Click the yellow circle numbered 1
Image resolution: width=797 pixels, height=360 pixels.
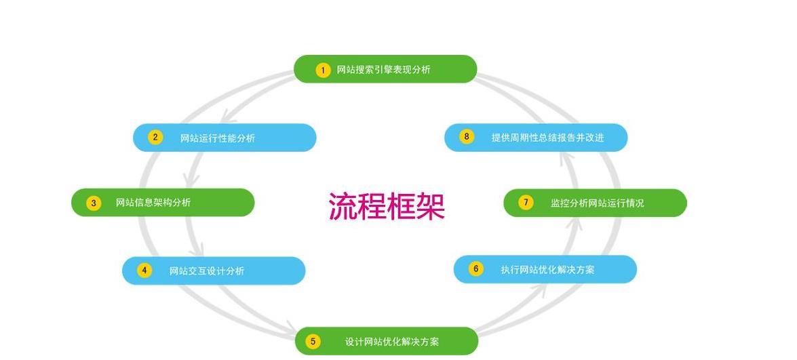pyautogui.click(x=323, y=70)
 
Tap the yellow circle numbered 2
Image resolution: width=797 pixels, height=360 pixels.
pyautogui.click(x=155, y=137)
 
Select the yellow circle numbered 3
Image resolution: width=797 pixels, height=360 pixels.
pyautogui.click(x=94, y=203)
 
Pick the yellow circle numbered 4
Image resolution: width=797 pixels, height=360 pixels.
pyautogui.click(x=144, y=270)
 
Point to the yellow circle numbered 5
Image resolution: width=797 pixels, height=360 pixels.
pyautogui.click(x=313, y=341)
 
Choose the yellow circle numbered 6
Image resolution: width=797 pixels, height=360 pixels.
pyautogui.click(x=475, y=268)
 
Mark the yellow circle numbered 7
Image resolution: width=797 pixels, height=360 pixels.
pyautogui.click(x=526, y=203)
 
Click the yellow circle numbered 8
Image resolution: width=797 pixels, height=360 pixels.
pyautogui.click(x=466, y=136)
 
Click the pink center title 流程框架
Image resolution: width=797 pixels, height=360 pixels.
pyautogui.click(x=387, y=205)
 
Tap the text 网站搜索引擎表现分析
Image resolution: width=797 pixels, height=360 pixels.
pyautogui.click(x=383, y=70)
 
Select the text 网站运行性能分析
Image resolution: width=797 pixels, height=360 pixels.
pyautogui.click(x=218, y=138)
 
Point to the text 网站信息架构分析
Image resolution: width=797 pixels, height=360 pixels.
pyautogui.click(x=153, y=203)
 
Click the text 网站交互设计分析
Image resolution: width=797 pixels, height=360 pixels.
pyautogui.click(x=207, y=271)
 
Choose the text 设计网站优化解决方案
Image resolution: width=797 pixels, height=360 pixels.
pyautogui.click(x=392, y=342)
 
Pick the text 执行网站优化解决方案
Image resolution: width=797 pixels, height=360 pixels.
pyautogui.click(x=547, y=270)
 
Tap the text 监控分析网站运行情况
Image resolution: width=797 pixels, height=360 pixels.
pyautogui.click(x=598, y=203)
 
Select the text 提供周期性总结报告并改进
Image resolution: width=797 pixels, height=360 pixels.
pyautogui.click(x=547, y=137)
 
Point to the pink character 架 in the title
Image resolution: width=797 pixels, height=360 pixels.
pyautogui.click(x=431, y=205)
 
